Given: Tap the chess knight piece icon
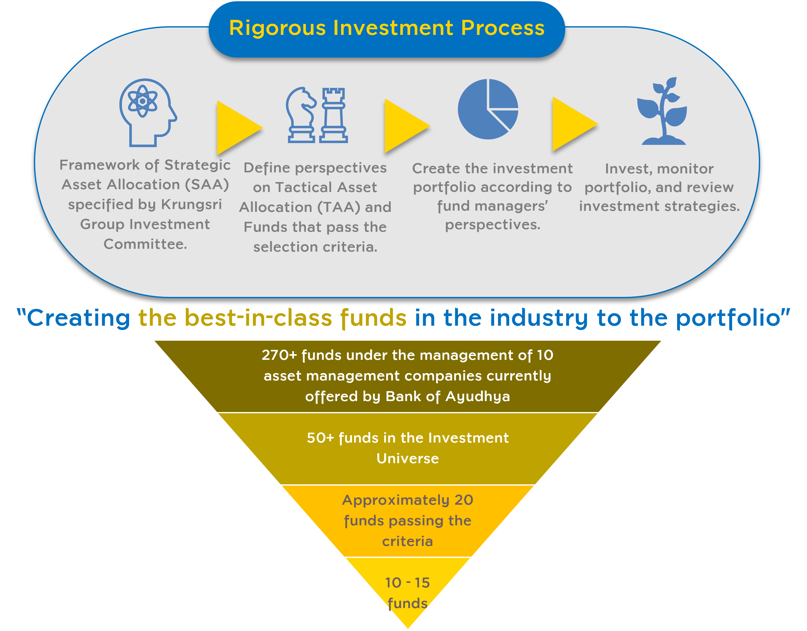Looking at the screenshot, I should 301,115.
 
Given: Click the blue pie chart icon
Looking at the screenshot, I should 488,109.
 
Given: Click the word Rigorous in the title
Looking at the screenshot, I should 277,28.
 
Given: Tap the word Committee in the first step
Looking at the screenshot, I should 145,244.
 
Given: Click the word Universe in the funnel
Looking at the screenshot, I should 408,458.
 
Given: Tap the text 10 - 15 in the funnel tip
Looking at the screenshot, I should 407,583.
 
